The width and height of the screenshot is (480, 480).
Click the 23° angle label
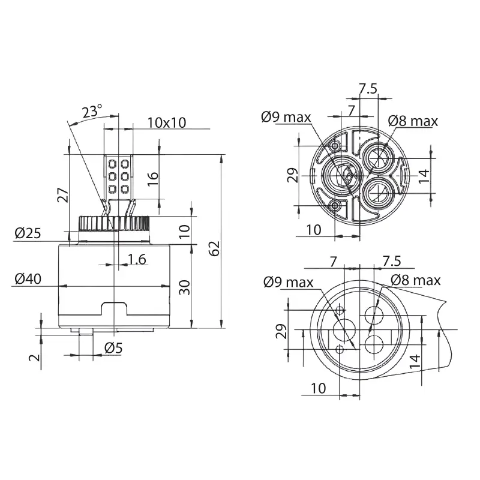92,112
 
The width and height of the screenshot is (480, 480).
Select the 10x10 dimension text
167,122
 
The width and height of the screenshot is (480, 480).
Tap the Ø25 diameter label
28,233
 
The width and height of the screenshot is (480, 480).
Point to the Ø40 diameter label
28,279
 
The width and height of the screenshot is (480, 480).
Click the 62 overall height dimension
215,248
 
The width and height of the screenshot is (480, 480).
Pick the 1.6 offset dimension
137,259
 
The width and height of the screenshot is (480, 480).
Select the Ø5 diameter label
113,348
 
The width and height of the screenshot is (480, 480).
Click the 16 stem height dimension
153,178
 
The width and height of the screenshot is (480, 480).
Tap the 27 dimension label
63,195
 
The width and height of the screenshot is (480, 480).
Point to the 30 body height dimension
184,287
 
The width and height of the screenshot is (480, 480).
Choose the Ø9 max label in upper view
286,117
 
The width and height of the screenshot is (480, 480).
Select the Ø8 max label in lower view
415,280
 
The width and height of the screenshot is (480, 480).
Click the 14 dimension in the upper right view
424,176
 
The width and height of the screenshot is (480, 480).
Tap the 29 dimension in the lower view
281,331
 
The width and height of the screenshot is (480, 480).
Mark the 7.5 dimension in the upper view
368,89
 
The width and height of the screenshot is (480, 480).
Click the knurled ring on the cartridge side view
114,223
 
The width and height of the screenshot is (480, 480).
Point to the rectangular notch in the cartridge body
114,308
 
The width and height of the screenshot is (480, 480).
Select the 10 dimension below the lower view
319,388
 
